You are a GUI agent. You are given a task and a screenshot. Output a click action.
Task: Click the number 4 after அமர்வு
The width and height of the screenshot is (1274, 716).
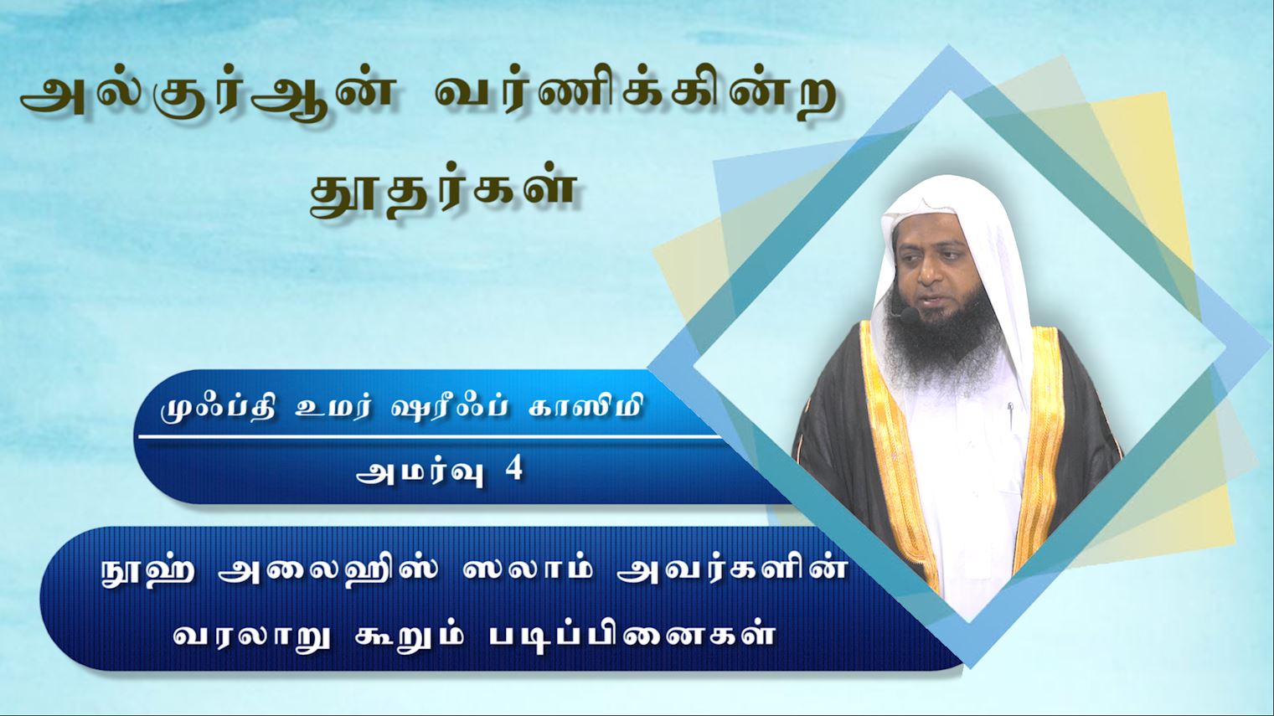pyautogui.click(x=514, y=470)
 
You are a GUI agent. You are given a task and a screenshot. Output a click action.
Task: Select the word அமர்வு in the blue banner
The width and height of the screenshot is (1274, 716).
pyautogui.click(x=420, y=472)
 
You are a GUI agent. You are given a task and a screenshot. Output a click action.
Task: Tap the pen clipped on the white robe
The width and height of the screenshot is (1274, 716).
pyautogui.click(x=1009, y=415)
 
